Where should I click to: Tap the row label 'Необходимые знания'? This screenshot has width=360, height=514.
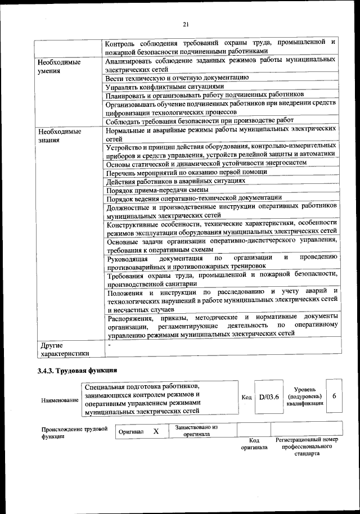click(x=57, y=136)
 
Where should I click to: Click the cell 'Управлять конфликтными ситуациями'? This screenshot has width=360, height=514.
click(x=165, y=87)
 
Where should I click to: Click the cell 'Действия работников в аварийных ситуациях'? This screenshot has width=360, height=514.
click(x=175, y=181)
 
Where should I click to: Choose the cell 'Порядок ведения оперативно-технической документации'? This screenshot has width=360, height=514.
click(x=194, y=198)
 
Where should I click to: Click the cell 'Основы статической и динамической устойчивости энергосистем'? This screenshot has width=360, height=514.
click(x=206, y=164)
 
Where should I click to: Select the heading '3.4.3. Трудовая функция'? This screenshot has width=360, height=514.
click(x=77, y=371)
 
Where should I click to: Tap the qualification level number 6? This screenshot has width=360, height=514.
click(x=335, y=396)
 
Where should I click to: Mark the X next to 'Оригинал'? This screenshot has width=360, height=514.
click(x=156, y=431)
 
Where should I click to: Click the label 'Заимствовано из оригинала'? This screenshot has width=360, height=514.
click(x=196, y=431)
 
